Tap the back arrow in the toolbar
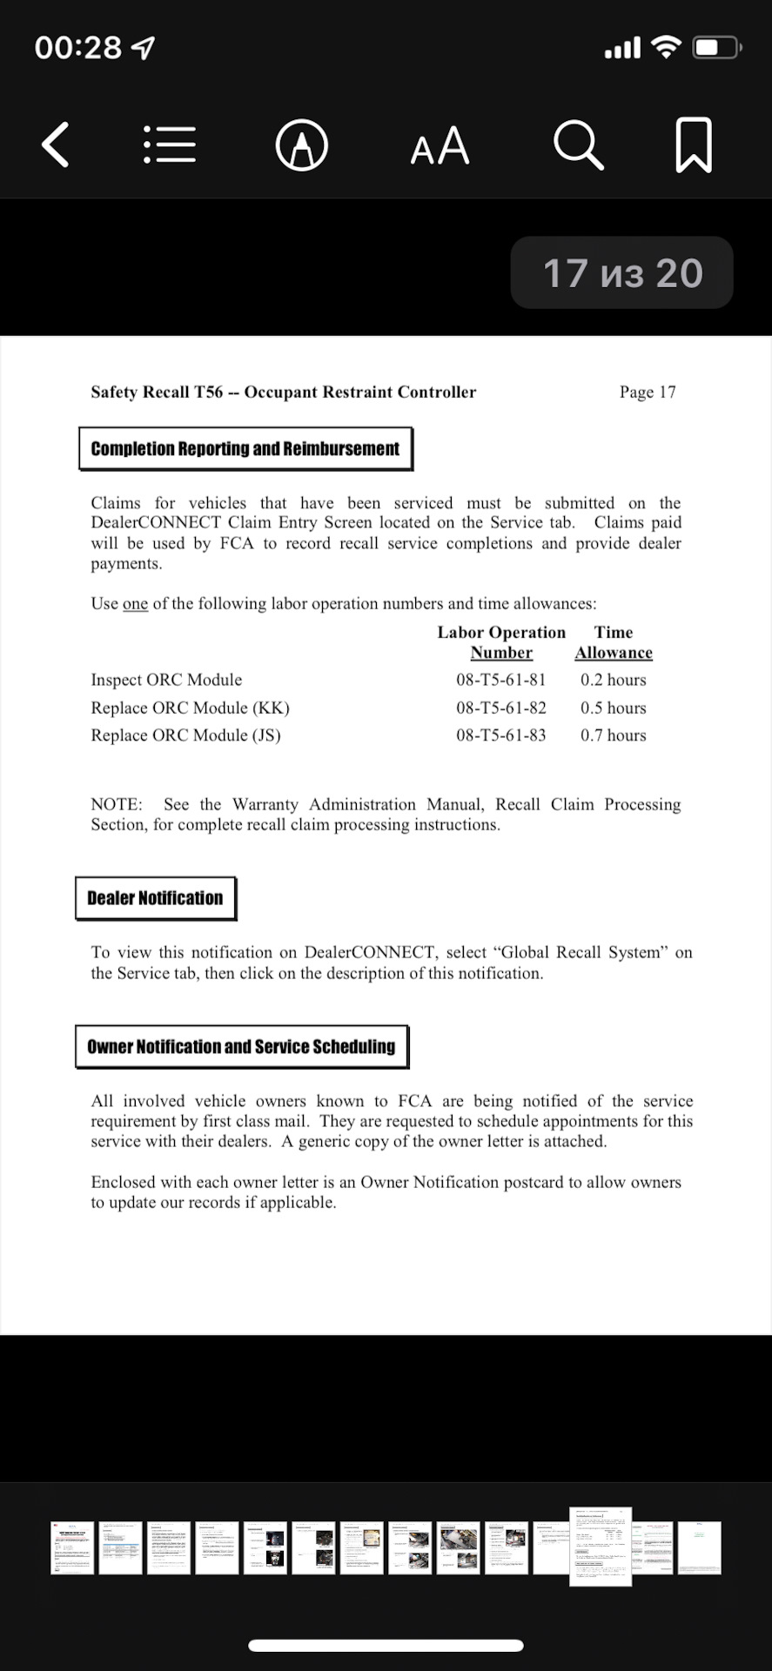tap(56, 144)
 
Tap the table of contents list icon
tap(170, 144)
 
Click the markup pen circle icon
tap(301, 145)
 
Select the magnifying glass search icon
tap(578, 144)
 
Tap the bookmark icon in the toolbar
tap(694, 144)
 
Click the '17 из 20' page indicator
tap(622, 273)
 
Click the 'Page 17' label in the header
tap(647, 393)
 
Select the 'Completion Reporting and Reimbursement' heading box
tap(245, 449)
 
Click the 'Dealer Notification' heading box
tap(155, 898)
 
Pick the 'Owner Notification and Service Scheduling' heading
tap(241, 1047)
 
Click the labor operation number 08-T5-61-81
tap(500, 680)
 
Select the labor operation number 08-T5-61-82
tap(500, 708)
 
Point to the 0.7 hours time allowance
tap(613, 735)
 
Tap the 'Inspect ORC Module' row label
tap(166, 680)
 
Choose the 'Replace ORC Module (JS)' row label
tap(185, 735)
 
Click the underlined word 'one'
tap(135, 604)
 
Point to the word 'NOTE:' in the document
tap(117, 805)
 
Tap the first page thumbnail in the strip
tap(72, 1547)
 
